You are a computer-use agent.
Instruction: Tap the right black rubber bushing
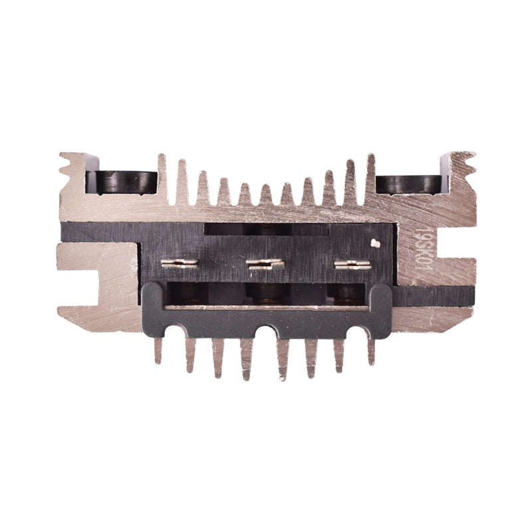point(408,184)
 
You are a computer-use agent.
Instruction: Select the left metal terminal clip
point(180,263)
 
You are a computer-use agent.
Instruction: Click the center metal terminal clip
point(265,264)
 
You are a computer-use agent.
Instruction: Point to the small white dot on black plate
point(376,243)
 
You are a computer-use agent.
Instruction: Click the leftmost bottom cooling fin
point(158,350)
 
